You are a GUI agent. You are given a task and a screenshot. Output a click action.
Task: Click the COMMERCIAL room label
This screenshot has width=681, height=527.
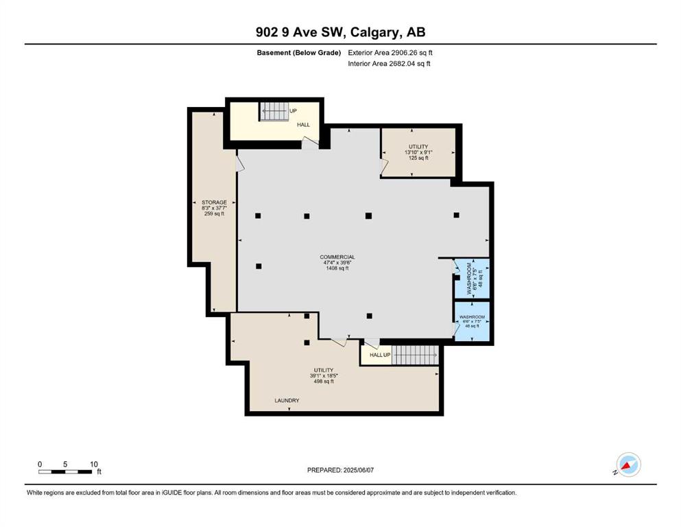(x=337, y=257)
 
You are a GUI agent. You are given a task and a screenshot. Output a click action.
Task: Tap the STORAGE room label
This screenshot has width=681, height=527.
(x=214, y=202)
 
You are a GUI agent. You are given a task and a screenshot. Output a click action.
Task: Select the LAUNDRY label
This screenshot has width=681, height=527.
(x=287, y=400)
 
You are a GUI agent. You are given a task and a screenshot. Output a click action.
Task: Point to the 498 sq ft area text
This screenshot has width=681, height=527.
(x=324, y=382)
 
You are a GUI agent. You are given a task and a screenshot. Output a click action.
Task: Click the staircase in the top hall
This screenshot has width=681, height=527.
(x=274, y=111)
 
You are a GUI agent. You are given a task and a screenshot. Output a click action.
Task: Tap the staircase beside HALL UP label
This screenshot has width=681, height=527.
(x=415, y=355)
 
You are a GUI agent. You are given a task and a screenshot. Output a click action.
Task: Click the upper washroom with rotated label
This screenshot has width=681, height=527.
(x=472, y=278)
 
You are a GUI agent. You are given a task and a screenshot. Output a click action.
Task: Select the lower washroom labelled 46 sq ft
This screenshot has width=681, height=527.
(x=472, y=321)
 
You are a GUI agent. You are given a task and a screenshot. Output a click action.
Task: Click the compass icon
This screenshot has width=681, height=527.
(x=628, y=465)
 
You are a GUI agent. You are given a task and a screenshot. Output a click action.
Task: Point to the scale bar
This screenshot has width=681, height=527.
(x=65, y=471)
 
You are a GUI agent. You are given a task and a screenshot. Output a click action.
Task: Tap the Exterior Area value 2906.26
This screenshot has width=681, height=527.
(x=406, y=53)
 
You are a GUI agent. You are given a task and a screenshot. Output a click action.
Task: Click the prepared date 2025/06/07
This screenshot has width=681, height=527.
(x=358, y=470)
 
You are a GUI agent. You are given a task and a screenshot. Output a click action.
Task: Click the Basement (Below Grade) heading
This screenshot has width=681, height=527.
(x=299, y=53)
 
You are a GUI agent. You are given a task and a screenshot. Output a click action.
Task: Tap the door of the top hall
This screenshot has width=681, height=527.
(x=310, y=141)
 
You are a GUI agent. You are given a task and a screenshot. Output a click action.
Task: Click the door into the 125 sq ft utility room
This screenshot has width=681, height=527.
(x=384, y=166)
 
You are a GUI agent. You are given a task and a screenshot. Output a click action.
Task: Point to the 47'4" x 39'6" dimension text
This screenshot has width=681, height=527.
(x=337, y=262)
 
